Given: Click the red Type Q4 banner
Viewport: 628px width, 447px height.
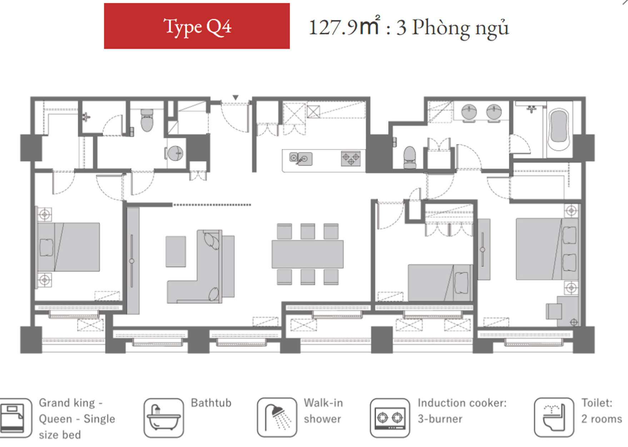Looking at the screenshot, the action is coord(197,26).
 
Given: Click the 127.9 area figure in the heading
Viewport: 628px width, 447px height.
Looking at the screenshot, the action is coord(333,28).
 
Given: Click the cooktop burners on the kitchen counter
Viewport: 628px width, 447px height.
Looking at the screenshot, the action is coord(351,159).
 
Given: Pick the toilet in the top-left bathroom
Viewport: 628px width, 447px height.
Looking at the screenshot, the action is coord(147,120).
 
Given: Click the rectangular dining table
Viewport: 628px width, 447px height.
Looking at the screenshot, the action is coord(308,254).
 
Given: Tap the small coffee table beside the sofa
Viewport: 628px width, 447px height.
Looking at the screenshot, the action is coord(176,252).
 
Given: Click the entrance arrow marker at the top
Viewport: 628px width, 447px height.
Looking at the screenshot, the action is coord(235,98).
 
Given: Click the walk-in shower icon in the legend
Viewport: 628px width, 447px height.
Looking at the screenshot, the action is coord(277,418).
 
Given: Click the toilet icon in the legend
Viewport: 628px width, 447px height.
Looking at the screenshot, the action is coord(554,418).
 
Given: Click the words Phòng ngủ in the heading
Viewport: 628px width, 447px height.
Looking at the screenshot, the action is coord(460,28).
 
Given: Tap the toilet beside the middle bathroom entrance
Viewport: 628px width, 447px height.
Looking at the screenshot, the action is coord(410,157).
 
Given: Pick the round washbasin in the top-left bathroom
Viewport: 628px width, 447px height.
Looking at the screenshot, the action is coord(175,153).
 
